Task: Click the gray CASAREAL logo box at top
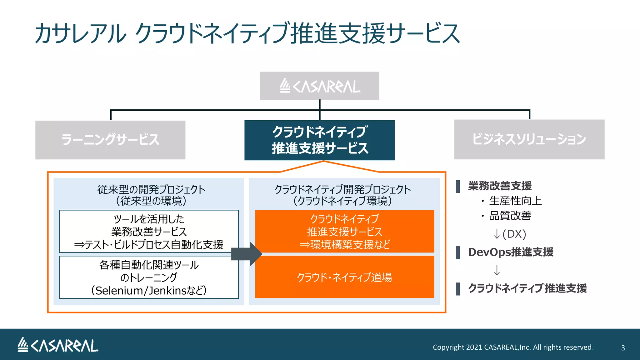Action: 319,86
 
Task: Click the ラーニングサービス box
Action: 110,140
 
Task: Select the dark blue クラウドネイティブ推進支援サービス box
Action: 319,140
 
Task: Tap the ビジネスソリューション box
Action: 529,139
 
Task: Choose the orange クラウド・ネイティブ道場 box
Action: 344,277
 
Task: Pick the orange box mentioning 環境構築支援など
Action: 344,232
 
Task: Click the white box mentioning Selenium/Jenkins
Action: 149,277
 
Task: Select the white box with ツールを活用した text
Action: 149,232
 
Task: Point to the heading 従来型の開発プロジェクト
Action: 151,189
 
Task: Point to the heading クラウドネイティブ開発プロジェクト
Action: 342,189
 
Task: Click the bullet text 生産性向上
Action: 515,201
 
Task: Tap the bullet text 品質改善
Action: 510,216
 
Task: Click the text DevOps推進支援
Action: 511,252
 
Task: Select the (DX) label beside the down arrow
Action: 514,234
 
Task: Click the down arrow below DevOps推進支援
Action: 497,270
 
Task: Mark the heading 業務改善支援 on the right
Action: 500,186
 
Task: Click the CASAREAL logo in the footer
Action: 58,345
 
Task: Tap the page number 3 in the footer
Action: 623,348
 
